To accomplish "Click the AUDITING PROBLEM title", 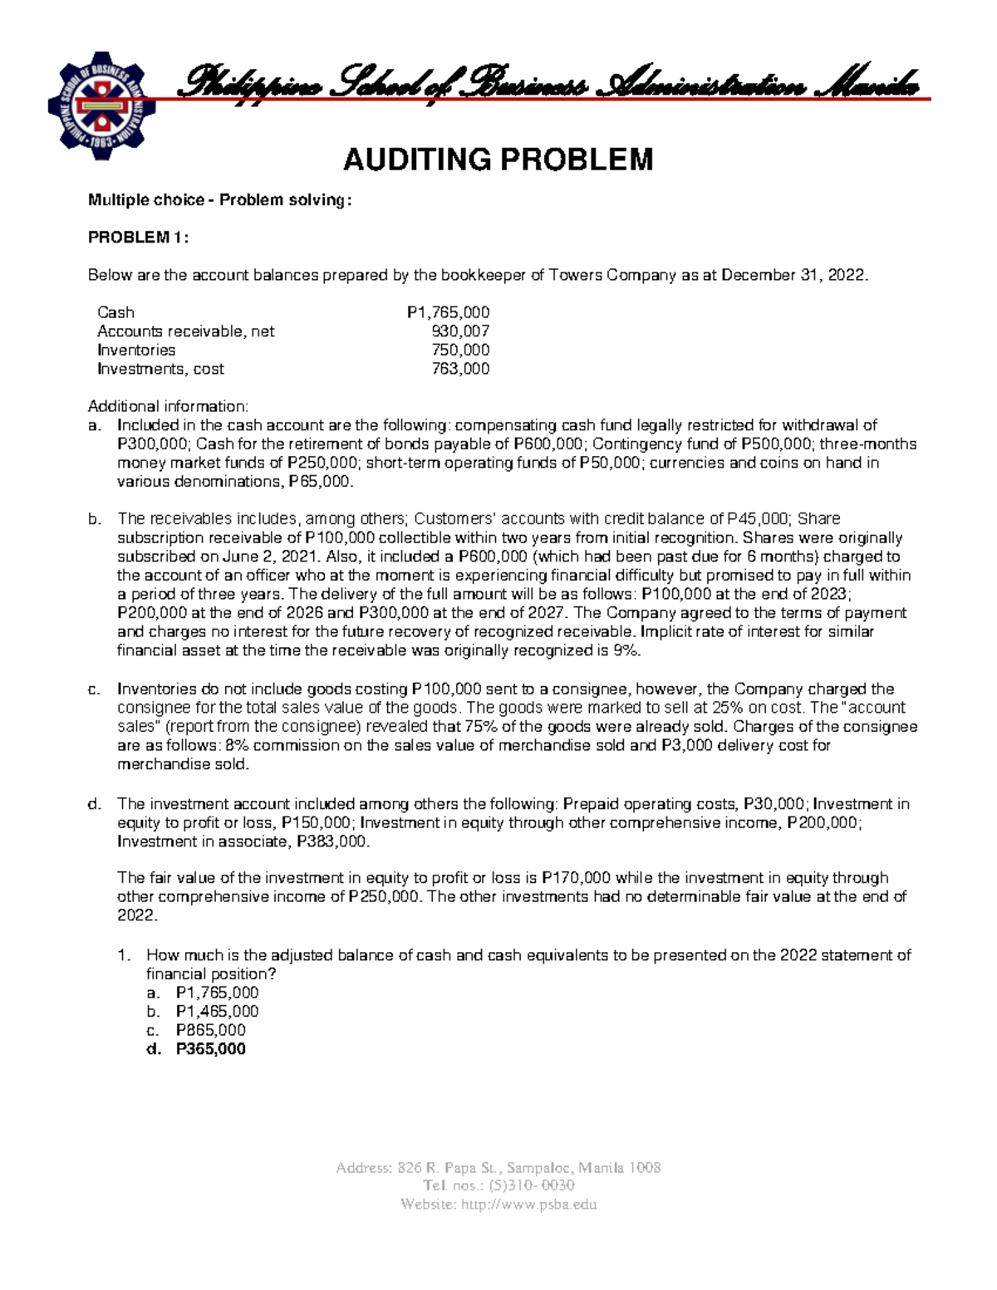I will click(x=498, y=159).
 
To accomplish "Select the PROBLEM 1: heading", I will click(x=139, y=238).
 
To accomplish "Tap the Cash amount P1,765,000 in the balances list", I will click(x=448, y=312).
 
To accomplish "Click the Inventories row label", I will click(x=136, y=350).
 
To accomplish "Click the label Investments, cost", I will click(x=160, y=369).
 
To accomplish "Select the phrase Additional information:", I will click(x=168, y=406).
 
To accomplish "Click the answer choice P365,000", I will click(x=210, y=1049).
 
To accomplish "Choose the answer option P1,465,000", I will click(x=217, y=1011).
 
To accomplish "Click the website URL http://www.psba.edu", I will click(x=528, y=1204).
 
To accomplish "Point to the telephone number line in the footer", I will click(x=498, y=1185).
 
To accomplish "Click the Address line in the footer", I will click(x=498, y=1167).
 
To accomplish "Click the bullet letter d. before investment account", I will click(x=94, y=804).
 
